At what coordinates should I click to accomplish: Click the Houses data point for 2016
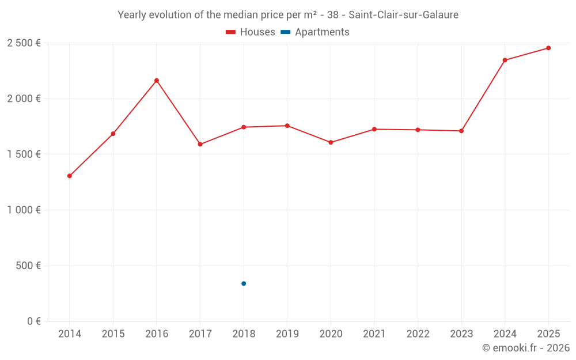pos(157,81)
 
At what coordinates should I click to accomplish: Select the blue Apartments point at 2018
pos(244,283)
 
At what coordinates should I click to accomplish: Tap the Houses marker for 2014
pos(70,176)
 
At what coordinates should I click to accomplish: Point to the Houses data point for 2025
pos(548,48)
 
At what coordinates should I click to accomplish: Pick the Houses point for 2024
pos(505,60)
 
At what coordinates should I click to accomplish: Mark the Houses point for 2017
pos(200,144)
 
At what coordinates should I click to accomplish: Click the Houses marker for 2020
pos(331,142)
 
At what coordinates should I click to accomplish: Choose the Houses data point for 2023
pos(461,131)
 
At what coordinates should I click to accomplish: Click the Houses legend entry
pos(251,32)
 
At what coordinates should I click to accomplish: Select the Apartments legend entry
pos(315,32)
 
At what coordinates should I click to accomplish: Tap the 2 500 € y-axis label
pos(24,43)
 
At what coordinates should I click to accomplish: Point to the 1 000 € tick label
pos(24,210)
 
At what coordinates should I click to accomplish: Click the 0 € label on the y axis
pos(32,321)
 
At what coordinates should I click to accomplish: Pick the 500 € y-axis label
pos(28,266)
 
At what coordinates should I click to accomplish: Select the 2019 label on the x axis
pos(287,334)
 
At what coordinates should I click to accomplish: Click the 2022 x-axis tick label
pos(418,334)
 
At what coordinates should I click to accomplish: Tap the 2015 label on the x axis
pos(113,334)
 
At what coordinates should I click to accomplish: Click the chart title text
pos(288,15)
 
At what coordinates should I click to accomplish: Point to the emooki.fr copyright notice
pos(525,348)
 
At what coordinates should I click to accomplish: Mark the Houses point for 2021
pos(374,129)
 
